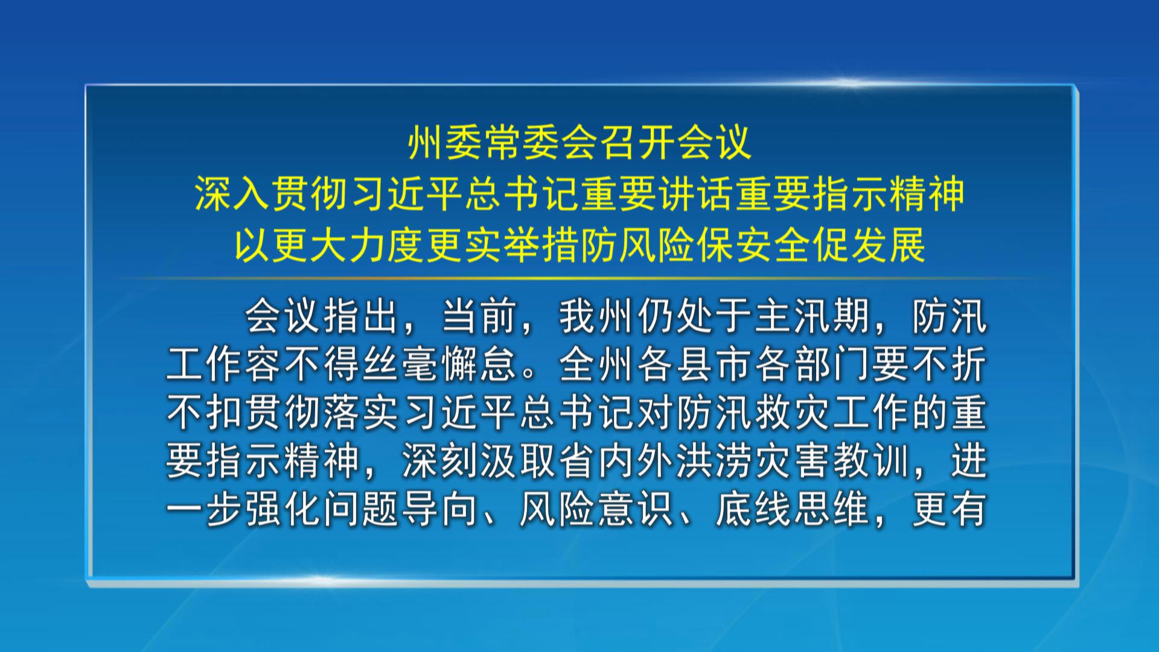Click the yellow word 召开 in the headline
[637, 143]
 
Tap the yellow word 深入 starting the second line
[232, 194]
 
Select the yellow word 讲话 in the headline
[696, 194]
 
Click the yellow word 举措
[541, 246]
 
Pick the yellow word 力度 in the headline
[387, 246]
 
